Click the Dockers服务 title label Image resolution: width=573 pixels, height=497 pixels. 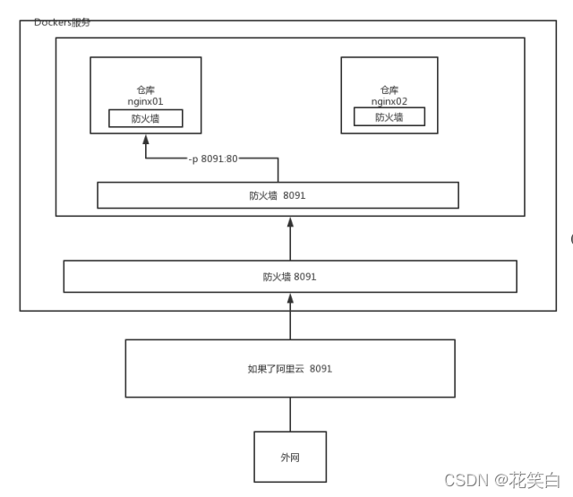click(62, 21)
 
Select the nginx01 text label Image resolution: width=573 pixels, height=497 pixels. click(145, 102)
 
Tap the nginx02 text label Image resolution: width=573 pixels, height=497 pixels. click(389, 102)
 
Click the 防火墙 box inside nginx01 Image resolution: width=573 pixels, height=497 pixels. click(145, 117)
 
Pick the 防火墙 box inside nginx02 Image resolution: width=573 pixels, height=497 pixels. click(389, 117)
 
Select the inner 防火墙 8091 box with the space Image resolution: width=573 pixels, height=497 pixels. click(278, 195)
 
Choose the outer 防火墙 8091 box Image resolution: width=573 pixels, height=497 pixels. click(290, 276)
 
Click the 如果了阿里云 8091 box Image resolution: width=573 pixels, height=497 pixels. click(290, 368)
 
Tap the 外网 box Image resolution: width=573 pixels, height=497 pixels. click(290, 457)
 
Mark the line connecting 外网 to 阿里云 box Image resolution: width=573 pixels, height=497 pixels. click(290, 414)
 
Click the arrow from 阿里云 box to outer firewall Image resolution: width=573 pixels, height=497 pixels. click(290, 318)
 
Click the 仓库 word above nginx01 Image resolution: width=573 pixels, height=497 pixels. click(145, 90)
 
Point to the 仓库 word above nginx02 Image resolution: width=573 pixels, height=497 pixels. click(389, 90)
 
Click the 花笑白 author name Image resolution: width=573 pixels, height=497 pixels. click(535, 481)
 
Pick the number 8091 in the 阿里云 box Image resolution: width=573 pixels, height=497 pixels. click(321, 368)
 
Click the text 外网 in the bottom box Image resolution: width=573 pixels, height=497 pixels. click(290, 457)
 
